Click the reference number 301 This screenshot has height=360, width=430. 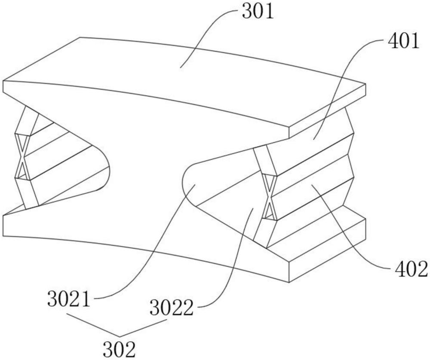tap(258, 12)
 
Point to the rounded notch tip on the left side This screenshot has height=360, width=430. tap(107, 168)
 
